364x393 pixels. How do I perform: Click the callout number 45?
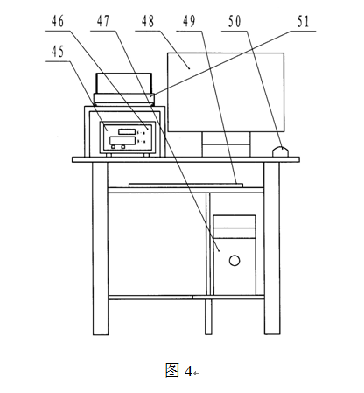(58, 52)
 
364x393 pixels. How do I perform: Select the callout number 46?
(58, 21)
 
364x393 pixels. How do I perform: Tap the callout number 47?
(103, 21)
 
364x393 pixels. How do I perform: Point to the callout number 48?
(148, 21)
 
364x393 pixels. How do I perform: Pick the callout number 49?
(189, 21)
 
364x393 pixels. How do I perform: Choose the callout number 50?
(234, 21)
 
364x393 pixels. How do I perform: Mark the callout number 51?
(303, 21)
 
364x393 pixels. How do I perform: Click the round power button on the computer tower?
(234, 261)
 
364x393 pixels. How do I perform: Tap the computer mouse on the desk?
(280, 152)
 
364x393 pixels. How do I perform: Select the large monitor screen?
(226, 92)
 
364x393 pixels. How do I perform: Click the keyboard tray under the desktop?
(185, 185)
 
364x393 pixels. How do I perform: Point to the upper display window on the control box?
(127, 131)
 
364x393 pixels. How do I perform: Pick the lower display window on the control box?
(122, 141)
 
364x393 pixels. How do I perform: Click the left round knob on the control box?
(113, 147)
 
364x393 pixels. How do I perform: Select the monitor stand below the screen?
(226, 144)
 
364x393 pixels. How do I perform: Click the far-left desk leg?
(101, 249)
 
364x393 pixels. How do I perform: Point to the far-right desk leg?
(272, 249)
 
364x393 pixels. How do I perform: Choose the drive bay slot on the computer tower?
(234, 234)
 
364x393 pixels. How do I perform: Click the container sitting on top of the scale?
(124, 83)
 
